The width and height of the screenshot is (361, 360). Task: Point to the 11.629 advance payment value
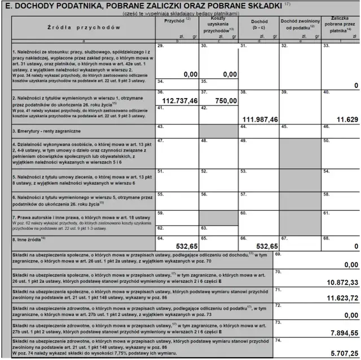(x=344, y=120)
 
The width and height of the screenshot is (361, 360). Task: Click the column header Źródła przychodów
(x=73, y=26)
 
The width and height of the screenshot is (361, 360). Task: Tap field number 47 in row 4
(x=161, y=141)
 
